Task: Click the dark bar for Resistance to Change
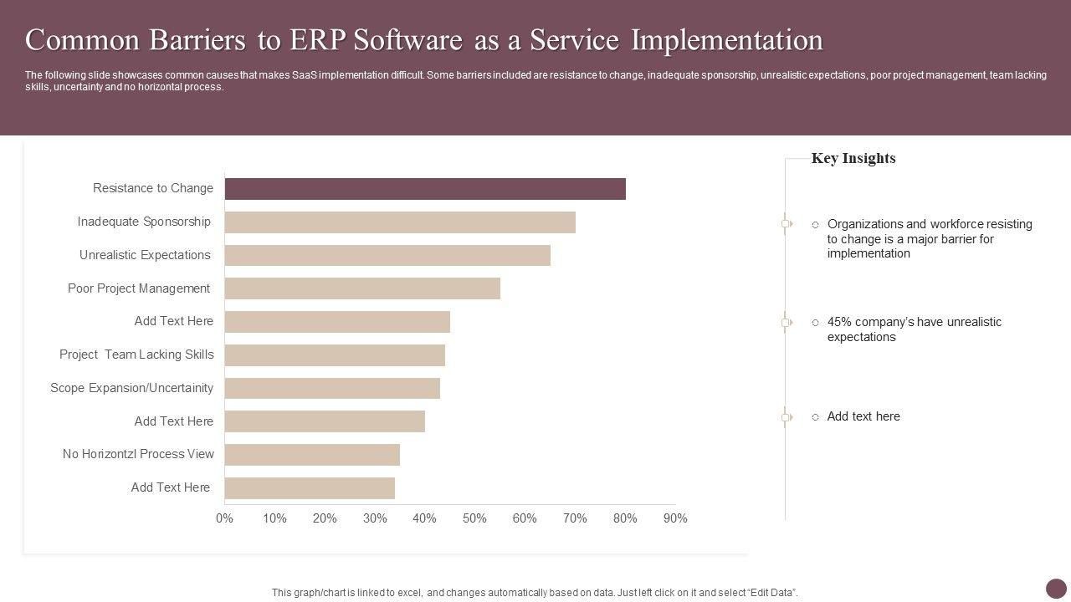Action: coord(425,189)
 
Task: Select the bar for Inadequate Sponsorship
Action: coord(400,222)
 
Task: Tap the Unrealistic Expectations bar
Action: coord(387,256)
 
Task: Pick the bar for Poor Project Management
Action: coord(362,288)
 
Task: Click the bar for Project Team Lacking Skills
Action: coord(335,355)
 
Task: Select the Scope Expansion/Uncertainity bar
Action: coord(332,388)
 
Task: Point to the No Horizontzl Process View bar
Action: coord(312,455)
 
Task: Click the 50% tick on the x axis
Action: coord(474,518)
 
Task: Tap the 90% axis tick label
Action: coord(675,518)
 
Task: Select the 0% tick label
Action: coord(224,518)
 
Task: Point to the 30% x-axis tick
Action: coord(375,518)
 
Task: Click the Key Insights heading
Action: coord(853,159)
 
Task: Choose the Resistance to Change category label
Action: coord(153,188)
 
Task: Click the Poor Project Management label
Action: coord(139,288)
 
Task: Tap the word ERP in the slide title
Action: coord(318,40)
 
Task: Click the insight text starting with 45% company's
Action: coord(914,329)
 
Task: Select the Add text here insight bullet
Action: coord(863,416)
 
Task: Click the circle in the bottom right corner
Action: coord(1057,589)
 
